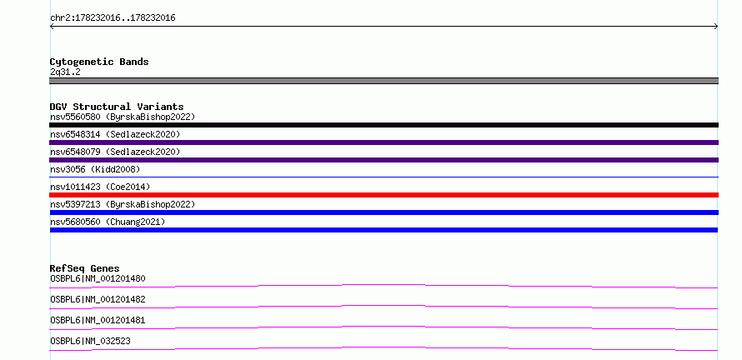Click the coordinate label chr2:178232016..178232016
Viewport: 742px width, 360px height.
[113, 18]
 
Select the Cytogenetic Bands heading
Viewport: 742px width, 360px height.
[99, 62]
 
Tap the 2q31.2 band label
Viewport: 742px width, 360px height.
[65, 72]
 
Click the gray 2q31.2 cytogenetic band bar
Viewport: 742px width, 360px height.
[384, 81]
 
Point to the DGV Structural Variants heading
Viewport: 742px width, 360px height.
[117, 107]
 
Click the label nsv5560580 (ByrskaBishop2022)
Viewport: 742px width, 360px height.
[123, 117]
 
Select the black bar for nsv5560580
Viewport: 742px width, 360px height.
[384, 125]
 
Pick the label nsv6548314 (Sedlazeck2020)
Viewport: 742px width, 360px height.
[115, 134]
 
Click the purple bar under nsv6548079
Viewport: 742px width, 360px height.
[384, 160]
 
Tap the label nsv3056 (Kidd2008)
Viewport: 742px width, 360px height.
[95, 169]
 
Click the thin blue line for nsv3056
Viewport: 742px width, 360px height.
[384, 177]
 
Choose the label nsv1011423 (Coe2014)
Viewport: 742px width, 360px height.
[100, 187]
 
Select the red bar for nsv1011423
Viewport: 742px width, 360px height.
[384, 195]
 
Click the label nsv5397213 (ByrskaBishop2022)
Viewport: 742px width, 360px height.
[123, 204]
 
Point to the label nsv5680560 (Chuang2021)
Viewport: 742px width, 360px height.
[108, 222]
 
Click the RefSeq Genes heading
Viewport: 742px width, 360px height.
[85, 268]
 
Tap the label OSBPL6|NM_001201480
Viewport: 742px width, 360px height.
[98, 278]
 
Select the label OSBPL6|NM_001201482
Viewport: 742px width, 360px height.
[98, 299]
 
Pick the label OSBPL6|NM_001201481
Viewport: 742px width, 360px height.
[98, 320]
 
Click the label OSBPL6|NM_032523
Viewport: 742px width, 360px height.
[90, 341]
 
